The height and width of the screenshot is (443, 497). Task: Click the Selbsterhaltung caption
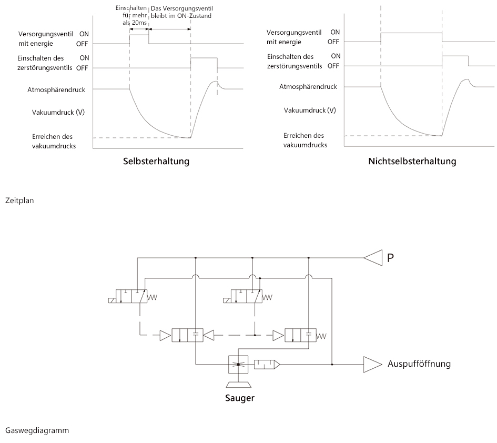pos(156,161)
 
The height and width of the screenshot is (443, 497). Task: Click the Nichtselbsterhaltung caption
pos(412,161)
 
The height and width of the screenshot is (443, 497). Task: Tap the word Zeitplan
pos(19,200)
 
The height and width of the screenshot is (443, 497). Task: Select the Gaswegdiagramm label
pos(37,430)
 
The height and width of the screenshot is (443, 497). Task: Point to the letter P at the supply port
pos(390,258)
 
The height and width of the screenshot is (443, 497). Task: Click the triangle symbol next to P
pos(373,258)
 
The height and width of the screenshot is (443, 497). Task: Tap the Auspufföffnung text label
pos(419,364)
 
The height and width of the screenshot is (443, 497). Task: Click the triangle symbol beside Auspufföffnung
pos(373,365)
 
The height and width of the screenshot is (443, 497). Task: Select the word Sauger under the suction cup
pos(240,398)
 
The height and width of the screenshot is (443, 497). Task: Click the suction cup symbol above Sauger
pos(238,385)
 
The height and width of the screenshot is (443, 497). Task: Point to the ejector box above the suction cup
pos(238,365)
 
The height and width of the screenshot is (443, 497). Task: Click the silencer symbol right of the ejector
pos(267,365)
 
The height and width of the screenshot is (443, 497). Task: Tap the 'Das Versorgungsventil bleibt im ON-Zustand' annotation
pos(181,12)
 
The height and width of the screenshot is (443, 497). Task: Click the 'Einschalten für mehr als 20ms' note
pos(131,15)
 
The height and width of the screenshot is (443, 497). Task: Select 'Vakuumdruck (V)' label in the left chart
pos(58,112)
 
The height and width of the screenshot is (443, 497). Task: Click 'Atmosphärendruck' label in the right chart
pos(308,87)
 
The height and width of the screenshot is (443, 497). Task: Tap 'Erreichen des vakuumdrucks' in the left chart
pos(54,141)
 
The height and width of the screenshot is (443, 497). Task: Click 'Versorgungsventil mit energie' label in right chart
pos(294,37)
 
